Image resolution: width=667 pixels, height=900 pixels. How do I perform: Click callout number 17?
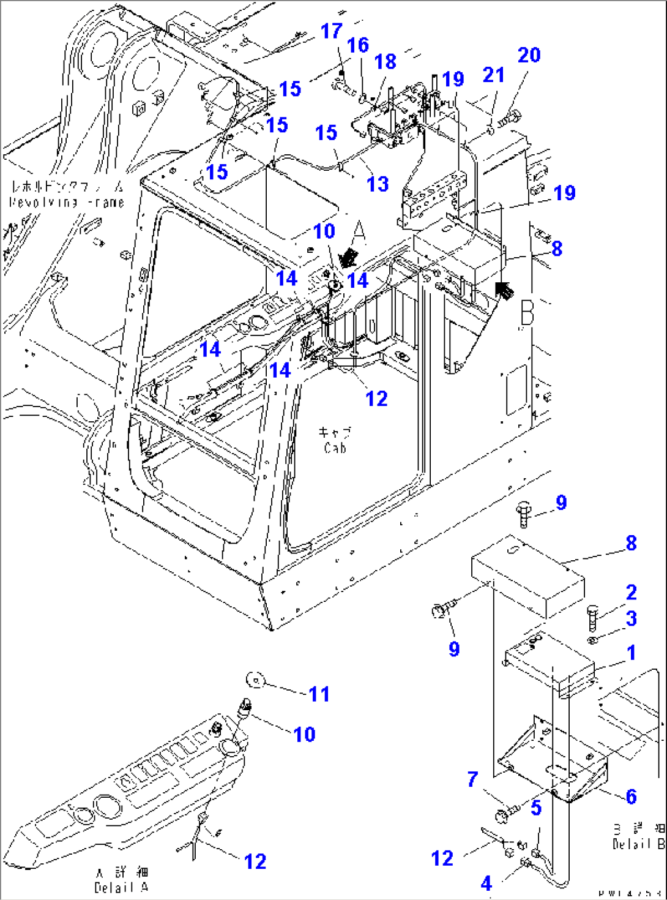[x=332, y=31]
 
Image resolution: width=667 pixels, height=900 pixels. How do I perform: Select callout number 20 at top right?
[x=529, y=55]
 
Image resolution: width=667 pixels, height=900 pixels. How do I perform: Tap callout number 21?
[x=493, y=75]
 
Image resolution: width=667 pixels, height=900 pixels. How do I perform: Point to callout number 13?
[x=378, y=184]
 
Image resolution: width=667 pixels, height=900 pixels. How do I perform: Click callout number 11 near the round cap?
[x=319, y=694]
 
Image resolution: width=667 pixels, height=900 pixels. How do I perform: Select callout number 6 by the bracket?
[x=631, y=797]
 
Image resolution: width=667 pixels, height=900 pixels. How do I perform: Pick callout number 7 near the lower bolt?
[x=472, y=779]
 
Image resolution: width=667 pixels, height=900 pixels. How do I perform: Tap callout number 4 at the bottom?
[x=486, y=883]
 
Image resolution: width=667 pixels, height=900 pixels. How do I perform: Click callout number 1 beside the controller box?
[x=631, y=653]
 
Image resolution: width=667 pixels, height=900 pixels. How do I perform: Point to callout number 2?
[x=631, y=593]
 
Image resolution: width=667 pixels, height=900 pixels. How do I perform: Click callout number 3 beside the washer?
[x=631, y=618]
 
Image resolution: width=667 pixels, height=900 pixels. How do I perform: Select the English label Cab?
[x=335, y=448]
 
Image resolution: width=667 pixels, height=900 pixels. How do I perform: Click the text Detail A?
[x=121, y=888]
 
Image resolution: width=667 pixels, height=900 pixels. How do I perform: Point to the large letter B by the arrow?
[x=527, y=313]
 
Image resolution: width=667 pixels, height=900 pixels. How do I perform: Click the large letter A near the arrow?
[x=359, y=232]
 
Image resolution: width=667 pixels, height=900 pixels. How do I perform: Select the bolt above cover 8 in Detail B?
[x=524, y=512]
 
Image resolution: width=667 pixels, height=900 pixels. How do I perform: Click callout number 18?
[x=385, y=62]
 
